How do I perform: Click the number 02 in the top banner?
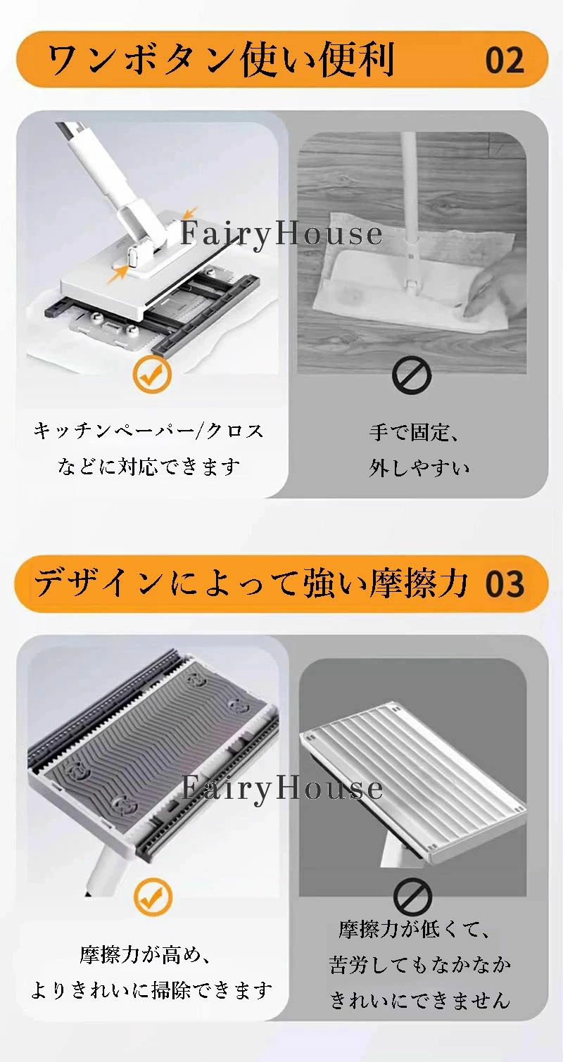tap(505, 61)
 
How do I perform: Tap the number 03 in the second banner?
tap(505, 585)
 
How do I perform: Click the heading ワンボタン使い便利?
tap(221, 60)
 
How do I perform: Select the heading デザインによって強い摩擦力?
tap(251, 583)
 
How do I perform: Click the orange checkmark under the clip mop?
tap(151, 376)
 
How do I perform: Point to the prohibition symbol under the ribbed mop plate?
tap(413, 897)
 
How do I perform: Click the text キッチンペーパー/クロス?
tap(148, 431)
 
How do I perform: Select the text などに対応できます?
tap(148, 467)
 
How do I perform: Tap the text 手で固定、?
tap(414, 432)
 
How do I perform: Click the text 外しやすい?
tap(419, 468)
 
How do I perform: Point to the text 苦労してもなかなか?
tap(420, 965)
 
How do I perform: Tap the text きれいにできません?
tap(420, 1000)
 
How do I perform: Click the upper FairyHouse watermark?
tap(281, 234)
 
